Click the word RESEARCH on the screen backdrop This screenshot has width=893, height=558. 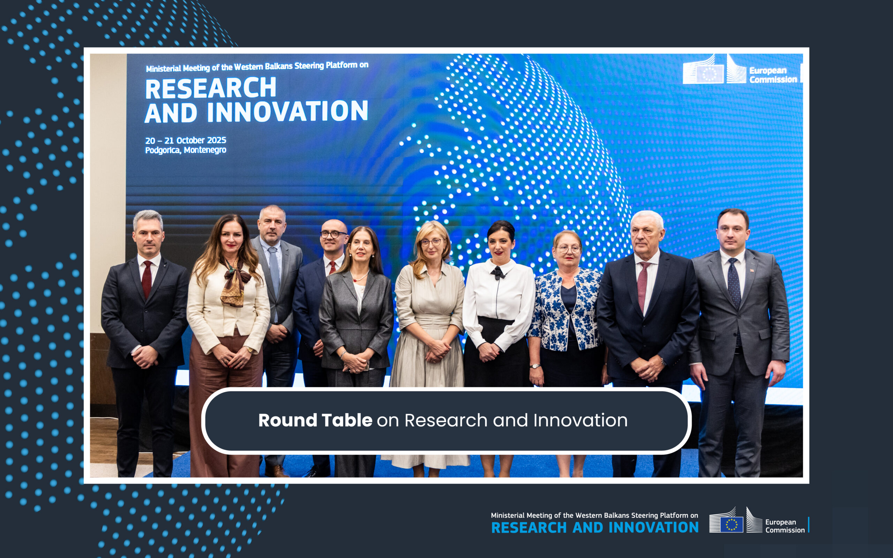pyautogui.click(x=211, y=88)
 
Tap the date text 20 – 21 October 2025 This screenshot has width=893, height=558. pyautogui.click(x=186, y=140)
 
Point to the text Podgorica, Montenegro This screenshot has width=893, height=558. pyautogui.click(x=186, y=150)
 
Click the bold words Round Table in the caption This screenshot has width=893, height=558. pyautogui.click(x=315, y=420)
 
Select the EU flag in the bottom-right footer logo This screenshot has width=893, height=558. pyautogui.click(x=731, y=524)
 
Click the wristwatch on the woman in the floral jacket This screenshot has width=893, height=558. pyautogui.click(x=535, y=366)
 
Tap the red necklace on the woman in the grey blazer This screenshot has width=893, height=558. pyautogui.click(x=360, y=277)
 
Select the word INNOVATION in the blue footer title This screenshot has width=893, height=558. pyautogui.click(x=653, y=527)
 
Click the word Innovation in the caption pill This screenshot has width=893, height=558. pyautogui.click(x=580, y=420)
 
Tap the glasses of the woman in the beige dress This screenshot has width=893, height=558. pyautogui.click(x=431, y=242)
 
